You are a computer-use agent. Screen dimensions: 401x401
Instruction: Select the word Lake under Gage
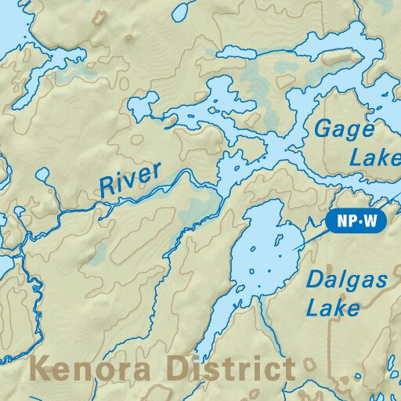point(374,157)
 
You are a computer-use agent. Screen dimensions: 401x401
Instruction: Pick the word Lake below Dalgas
point(333,307)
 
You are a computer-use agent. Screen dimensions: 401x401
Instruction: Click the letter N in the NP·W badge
point(341,222)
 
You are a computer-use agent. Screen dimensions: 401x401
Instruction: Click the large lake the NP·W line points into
point(262,251)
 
